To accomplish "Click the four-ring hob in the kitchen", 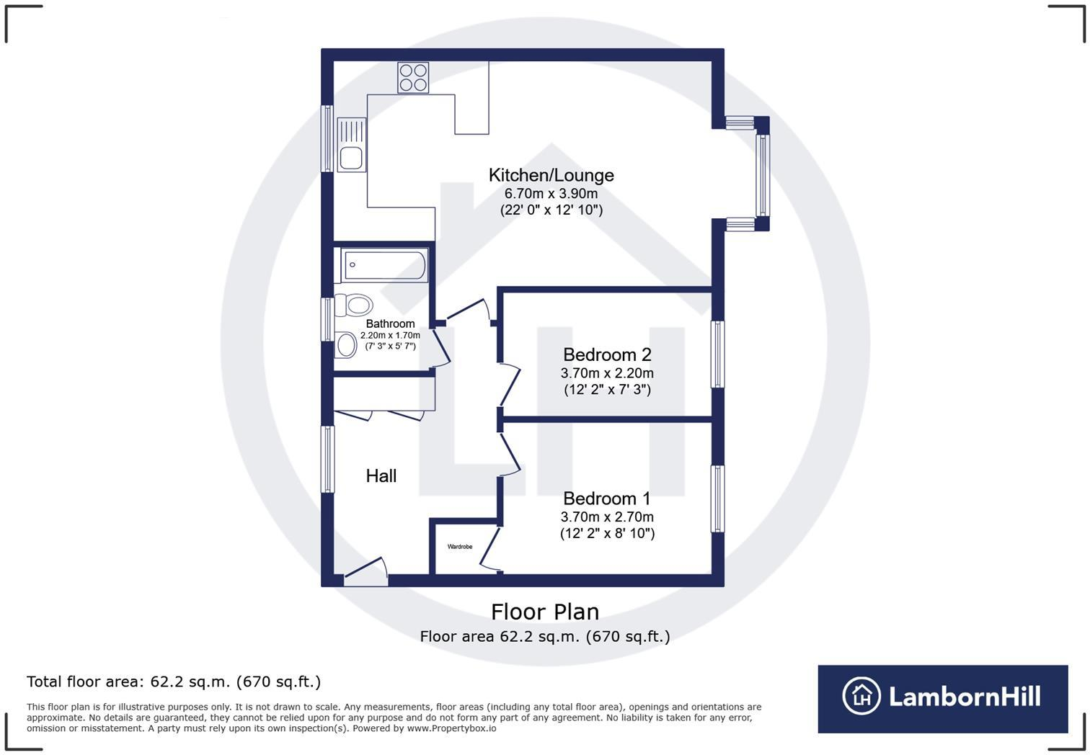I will point(414,78).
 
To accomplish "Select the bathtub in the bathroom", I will point(385,265).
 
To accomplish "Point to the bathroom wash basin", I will point(346,344).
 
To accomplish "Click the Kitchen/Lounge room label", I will point(551,175).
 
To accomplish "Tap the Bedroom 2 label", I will point(607,354).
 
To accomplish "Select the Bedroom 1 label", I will point(607,499).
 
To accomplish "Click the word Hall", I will point(381,475).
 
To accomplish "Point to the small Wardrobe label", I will point(460,547).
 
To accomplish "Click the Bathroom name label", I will point(390,324).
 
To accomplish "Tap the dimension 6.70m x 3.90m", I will point(551,194).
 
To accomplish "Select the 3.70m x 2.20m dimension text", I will point(607,373).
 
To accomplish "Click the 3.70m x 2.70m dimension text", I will point(607,517).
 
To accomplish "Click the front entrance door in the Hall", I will point(366,571).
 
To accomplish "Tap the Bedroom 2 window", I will point(717,354).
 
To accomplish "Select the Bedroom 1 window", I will point(717,499).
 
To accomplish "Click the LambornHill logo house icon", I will point(861,696).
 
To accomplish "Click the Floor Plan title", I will point(545,612).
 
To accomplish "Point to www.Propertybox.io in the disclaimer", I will point(451,728).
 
